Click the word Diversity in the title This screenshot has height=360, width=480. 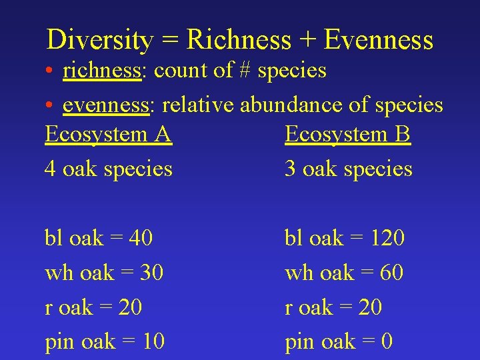pyautogui.click(x=99, y=40)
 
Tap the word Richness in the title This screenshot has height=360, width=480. pyautogui.click(x=239, y=40)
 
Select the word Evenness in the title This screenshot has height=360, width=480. pyautogui.click(x=378, y=40)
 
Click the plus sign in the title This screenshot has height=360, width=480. pyautogui.click(x=307, y=41)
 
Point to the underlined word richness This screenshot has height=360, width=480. pyautogui.click(x=103, y=71)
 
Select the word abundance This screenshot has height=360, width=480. pyautogui.click(x=299, y=105)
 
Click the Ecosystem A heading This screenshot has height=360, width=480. pyautogui.click(x=108, y=135)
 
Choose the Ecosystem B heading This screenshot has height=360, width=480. pyautogui.click(x=347, y=135)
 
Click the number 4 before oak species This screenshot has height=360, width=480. pyautogui.click(x=50, y=169)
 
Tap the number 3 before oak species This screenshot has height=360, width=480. pyautogui.click(x=290, y=169)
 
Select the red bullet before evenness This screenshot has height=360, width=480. pyautogui.click(x=50, y=105)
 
